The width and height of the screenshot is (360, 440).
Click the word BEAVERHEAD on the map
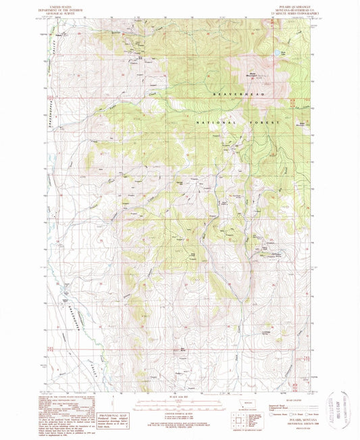[232, 97]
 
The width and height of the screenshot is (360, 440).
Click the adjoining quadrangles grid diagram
[238, 419]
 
